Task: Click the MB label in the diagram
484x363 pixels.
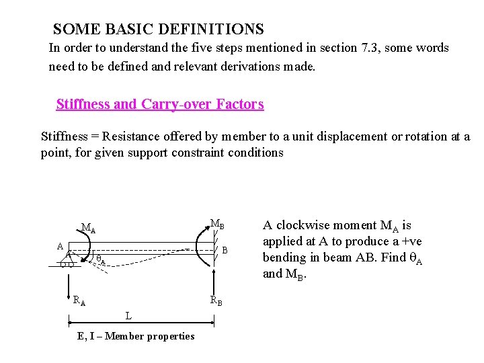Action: [x=217, y=224]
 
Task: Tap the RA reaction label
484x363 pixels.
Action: [x=79, y=300]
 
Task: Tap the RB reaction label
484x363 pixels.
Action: [x=216, y=300]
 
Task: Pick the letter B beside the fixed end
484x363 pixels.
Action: [x=226, y=250]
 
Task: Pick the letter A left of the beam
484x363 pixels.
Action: [x=61, y=247]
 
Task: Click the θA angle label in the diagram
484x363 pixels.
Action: [x=101, y=259]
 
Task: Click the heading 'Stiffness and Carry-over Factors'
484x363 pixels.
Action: [x=160, y=104]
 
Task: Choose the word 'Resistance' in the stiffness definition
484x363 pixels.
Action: [x=133, y=136]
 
